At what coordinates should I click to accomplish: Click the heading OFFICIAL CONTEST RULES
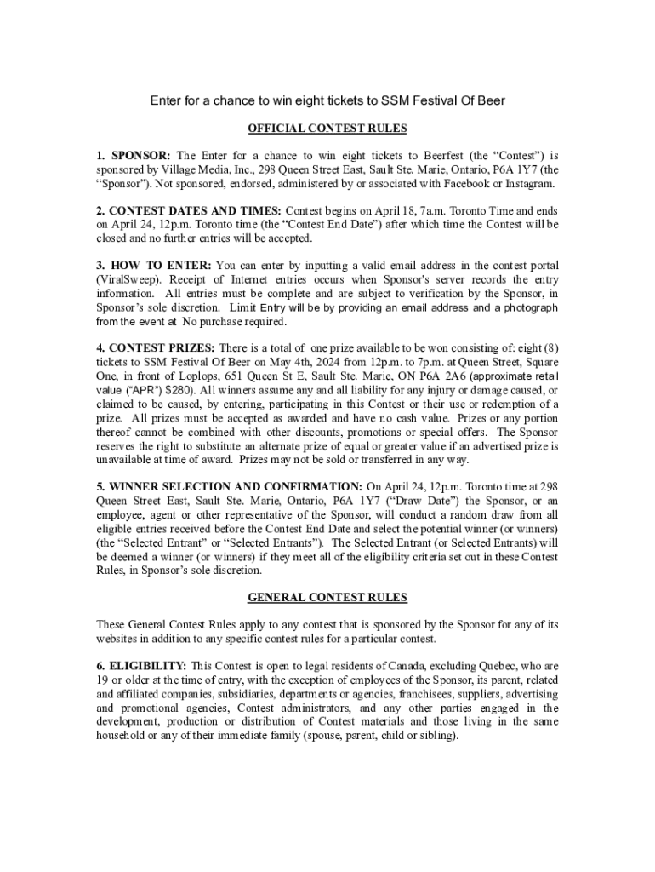pos(327,129)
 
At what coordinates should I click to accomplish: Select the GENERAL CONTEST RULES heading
pos(327,597)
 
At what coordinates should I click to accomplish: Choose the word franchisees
pos(413,694)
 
